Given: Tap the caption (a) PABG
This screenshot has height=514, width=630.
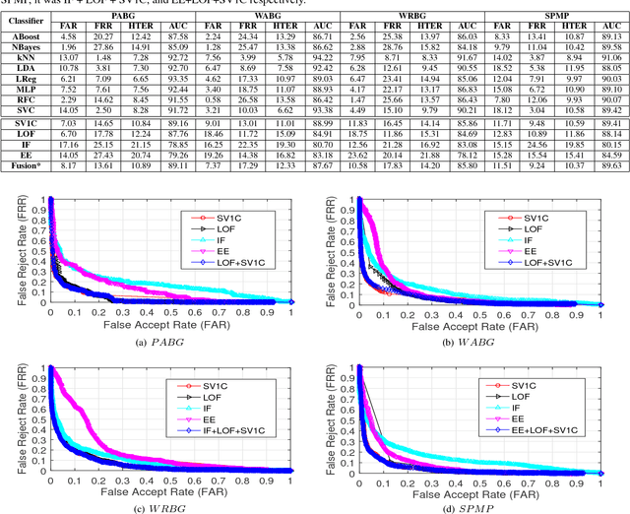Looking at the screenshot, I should click(157, 342).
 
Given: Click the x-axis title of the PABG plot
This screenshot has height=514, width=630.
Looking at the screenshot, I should click(157, 324).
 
